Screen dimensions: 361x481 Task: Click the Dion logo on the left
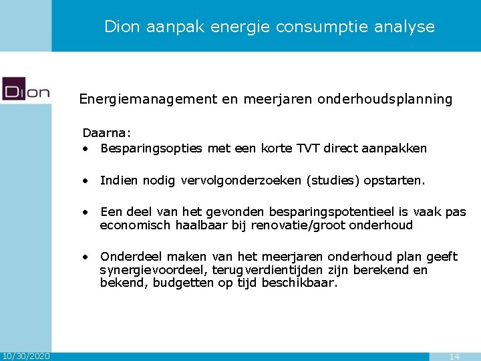point(26,89)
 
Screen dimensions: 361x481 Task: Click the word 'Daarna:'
point(106,134)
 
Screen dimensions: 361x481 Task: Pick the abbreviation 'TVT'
point(308,148)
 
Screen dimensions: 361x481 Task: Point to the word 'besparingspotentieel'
point(305,213)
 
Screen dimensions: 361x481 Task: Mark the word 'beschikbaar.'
point(300,283)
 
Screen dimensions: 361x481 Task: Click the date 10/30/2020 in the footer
point(25,356)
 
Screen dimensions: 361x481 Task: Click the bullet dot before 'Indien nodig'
point(86,180)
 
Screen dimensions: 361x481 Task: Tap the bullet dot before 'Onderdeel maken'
point(86,257)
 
